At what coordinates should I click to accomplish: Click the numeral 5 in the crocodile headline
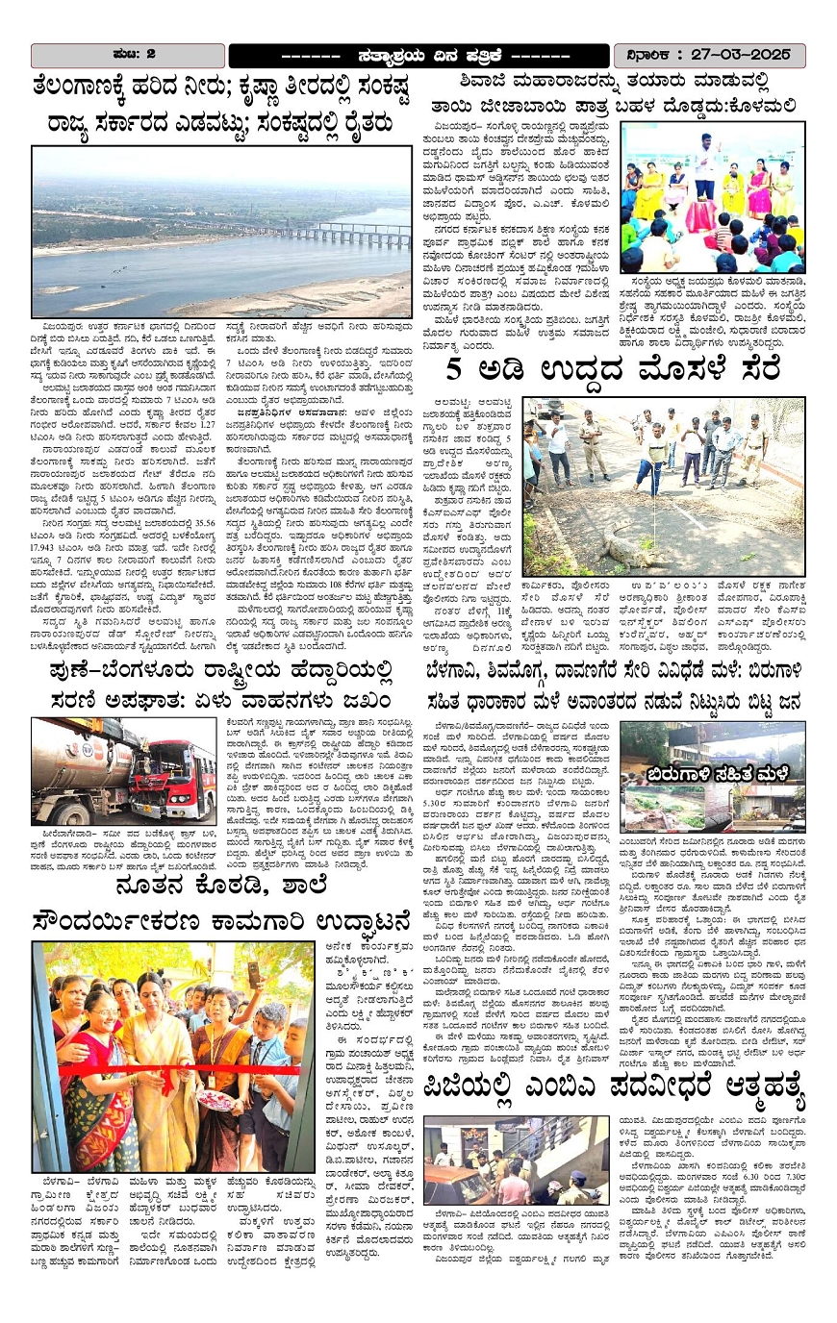coord(459,370)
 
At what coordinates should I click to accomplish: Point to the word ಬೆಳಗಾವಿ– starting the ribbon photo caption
coord(63,1180)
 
